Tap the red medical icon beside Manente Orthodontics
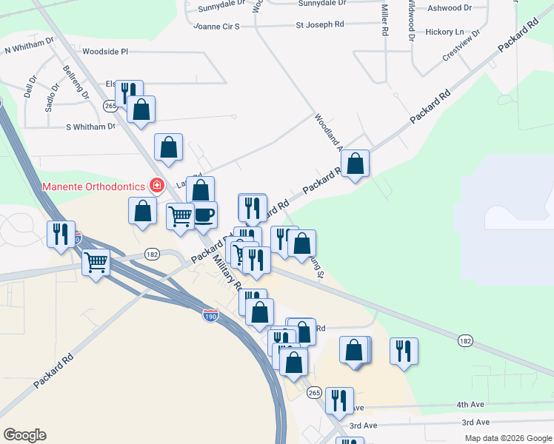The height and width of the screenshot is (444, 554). (x=156, y=186)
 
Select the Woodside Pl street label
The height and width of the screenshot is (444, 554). (x=105, y=52)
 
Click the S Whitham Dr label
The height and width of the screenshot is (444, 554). (x=91, y=127)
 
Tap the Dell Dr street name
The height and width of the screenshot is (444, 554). (x=30, y=88)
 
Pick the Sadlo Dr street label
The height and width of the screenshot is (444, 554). (x=50, y=95)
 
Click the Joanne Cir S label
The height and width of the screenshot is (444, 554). (x=216, y=26)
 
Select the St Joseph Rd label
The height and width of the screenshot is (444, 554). (x=320, y=24)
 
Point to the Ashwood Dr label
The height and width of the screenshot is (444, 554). (x=450, y=8)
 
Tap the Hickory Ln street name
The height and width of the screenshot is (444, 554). (x=444, y=33)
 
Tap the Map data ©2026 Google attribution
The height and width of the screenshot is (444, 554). (x=508, y=438)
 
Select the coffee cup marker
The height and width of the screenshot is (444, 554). (x=204, y=215)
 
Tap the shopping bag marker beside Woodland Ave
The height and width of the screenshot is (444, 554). (x=356, y=164)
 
